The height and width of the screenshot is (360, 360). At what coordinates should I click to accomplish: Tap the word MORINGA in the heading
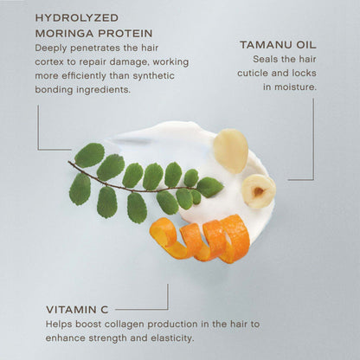60,33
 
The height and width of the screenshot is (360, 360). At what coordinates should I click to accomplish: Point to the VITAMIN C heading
79,307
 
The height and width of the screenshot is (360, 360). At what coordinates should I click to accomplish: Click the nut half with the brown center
258,191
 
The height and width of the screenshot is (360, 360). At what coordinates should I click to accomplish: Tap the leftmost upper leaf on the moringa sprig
88,155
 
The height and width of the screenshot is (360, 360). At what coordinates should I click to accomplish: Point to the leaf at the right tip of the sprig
210,186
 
